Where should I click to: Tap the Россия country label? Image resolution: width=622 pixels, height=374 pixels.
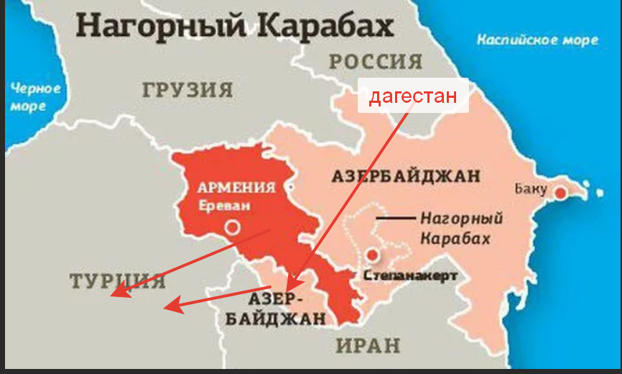coord(375,62)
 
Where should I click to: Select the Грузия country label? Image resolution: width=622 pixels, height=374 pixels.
coord(187,91)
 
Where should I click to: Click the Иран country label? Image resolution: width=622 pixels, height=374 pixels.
coord(368,345)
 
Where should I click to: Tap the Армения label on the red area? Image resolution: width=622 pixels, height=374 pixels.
coord(236,188)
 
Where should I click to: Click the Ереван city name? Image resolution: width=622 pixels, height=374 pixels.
coord(226,205)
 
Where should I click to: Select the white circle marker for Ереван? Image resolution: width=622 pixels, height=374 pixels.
coord(231,228)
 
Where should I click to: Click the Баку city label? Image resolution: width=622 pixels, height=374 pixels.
coord(530,190)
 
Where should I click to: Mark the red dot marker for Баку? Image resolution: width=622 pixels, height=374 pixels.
coord(560,192)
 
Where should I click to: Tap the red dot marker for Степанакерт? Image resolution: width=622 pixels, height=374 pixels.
coord(372,255)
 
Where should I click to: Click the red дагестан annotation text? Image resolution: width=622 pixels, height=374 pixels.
coord(413,96)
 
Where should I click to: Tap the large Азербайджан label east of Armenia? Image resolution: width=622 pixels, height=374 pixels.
coord(406,176)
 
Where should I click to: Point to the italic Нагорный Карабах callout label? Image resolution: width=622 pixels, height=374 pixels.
coord(460,229)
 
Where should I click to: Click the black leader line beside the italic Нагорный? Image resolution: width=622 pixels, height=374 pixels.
coord(396,217)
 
